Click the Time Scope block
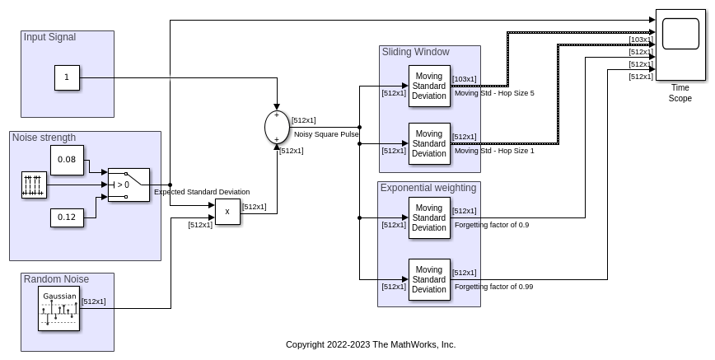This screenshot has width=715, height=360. coord(680,44)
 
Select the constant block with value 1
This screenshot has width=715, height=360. coord(67,78)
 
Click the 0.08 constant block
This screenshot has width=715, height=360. coord(67,160)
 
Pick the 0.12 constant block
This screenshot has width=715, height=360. coord(67,217)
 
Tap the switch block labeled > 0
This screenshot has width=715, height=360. coord(129,185)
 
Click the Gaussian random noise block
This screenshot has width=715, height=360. coord(59,309)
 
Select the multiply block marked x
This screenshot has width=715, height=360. coord(227,212)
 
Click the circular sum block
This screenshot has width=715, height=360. coord(277,127)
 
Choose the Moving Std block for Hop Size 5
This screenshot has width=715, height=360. coord(429,86)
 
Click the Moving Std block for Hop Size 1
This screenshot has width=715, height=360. coord(429,143)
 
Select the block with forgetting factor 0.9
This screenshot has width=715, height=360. coord(429,217)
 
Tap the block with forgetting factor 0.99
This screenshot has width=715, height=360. coord(429,279)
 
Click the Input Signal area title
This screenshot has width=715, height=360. coord(49,37)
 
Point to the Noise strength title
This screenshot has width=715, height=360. coord(44,138)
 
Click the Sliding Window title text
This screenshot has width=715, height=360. coord(415,52)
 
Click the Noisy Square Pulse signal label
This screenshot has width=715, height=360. coord(326,133)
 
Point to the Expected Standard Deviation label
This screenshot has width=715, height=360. coord(202,192)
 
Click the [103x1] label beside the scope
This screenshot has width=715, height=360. coord(640,40)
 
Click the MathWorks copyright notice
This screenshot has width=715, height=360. coord(371,344)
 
